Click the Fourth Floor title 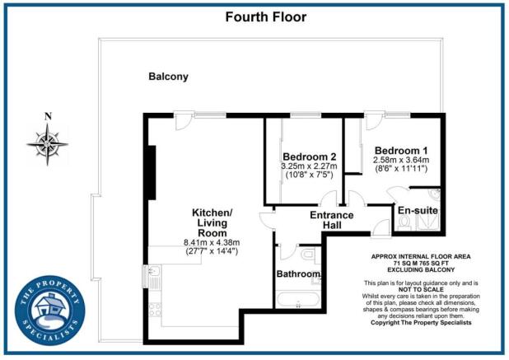[254, 16]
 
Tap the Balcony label [168, 77]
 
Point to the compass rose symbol [48, 143]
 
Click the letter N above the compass [48, 115]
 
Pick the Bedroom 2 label [309, 157]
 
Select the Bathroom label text [297, 274]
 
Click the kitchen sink [154, 276]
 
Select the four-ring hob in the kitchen [154, 311]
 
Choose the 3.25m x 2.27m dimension [309, 166]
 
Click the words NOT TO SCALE [421, 289]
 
